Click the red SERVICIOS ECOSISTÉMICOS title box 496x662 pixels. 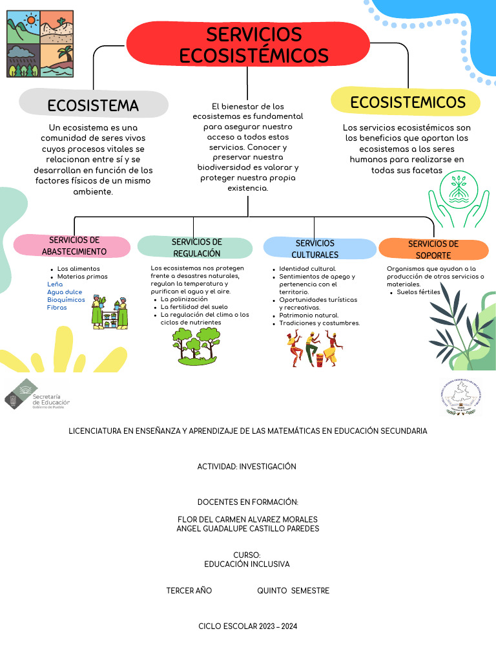pyautogui.click(x=253, y=44)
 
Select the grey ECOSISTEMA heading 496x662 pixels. pyautogui.click(x=93, y=105)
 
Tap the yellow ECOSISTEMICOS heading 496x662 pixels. pyautogui.click(x=408, y=102)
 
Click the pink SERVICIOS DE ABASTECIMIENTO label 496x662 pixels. pyautogui.click(x=74, y=246)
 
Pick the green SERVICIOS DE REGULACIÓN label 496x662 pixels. pyautogui.click(x=196, y=248)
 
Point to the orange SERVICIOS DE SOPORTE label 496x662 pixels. pyautogui.click(x=433, y=249)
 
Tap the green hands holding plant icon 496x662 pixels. pyautogui.click(x=459, y=198)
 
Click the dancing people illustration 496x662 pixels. pyautogui.click(x=313, y=348)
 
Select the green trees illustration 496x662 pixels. pyautogui.click(x=196, y=347)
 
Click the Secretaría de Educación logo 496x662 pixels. pyautogui.click(x=37, y=395)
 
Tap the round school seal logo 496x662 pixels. pyautogui.click(x=460, y=398)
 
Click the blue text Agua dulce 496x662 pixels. pyautogui.click(x=65, y=292)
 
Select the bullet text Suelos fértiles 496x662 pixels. pyautogui.click(x=418, y=292)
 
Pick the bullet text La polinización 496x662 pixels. pyautogui.click(x=184, y=299)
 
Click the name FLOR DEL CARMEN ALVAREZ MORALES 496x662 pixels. pyautogui.click(x=247, y=519)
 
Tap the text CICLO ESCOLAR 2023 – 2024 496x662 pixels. pyautogui.click(x=248, y=626)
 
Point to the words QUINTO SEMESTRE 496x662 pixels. pyautogui.click(x=293, y=590)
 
